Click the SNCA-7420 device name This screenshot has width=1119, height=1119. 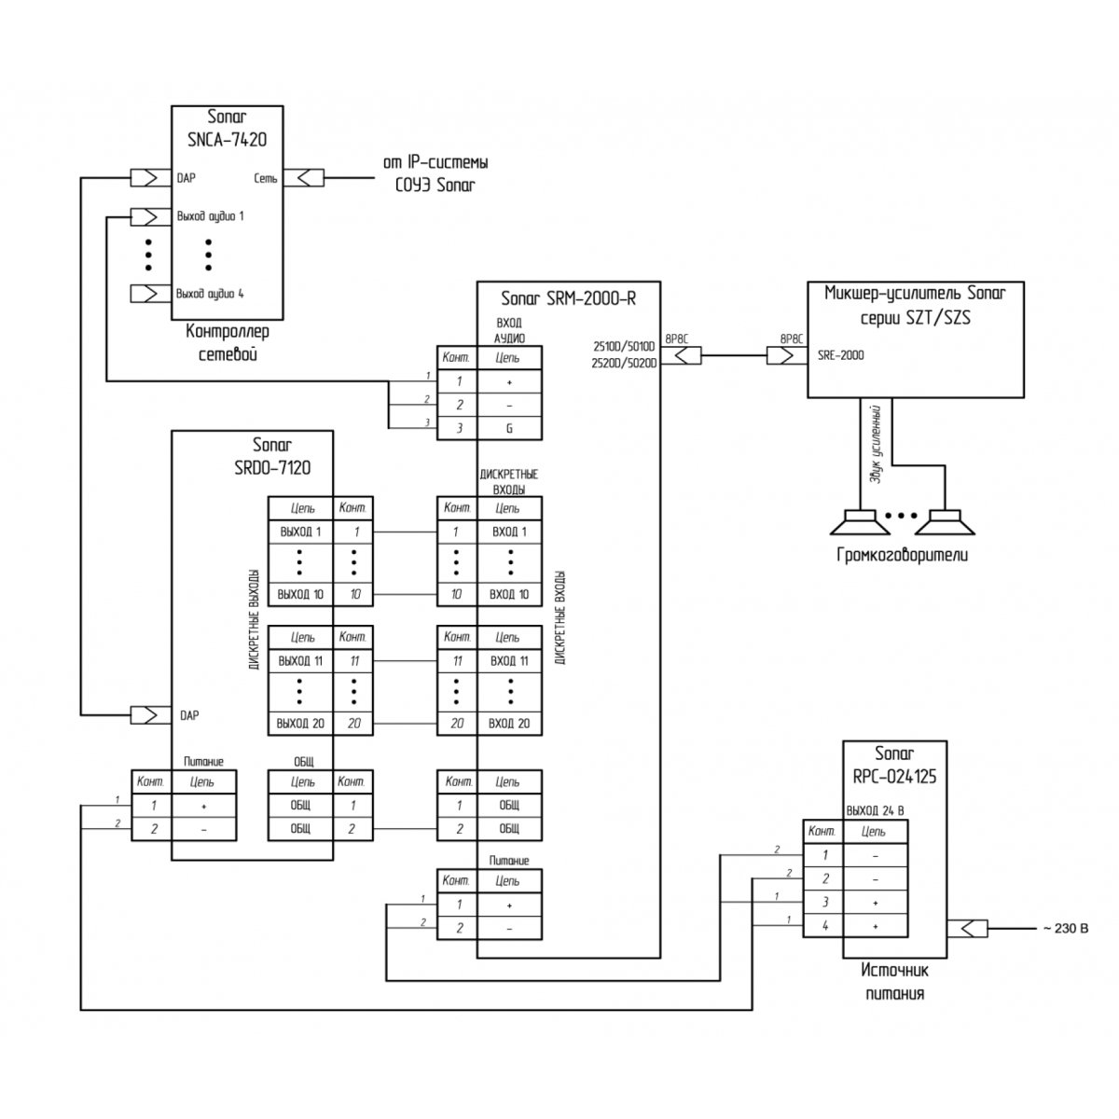(x=227, y=140)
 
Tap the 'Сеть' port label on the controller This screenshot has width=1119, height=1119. (x=265, y=178)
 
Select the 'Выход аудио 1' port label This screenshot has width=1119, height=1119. (x=210, y=216)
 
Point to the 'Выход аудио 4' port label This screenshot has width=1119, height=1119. (x=210, y=294)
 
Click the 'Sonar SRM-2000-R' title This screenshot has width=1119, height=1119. (x=568, y=298)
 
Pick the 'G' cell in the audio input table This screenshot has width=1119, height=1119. (x=509, y=429)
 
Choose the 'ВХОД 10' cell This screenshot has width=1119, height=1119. (x=509, y=595)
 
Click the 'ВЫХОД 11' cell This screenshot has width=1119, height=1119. (x=300, y=661)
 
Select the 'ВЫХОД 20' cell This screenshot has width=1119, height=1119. (x=300, y=723)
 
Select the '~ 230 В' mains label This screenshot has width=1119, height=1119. (x=1063, y=929)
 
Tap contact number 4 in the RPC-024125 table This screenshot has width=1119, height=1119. (x=823, y=926)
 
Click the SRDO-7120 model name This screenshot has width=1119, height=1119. (x=272, y=466)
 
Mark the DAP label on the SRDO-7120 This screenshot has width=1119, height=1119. (x=188, y=715)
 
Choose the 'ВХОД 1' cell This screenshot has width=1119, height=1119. (x=509, y=532)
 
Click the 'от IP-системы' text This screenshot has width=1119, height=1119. (x=435, y=163)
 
